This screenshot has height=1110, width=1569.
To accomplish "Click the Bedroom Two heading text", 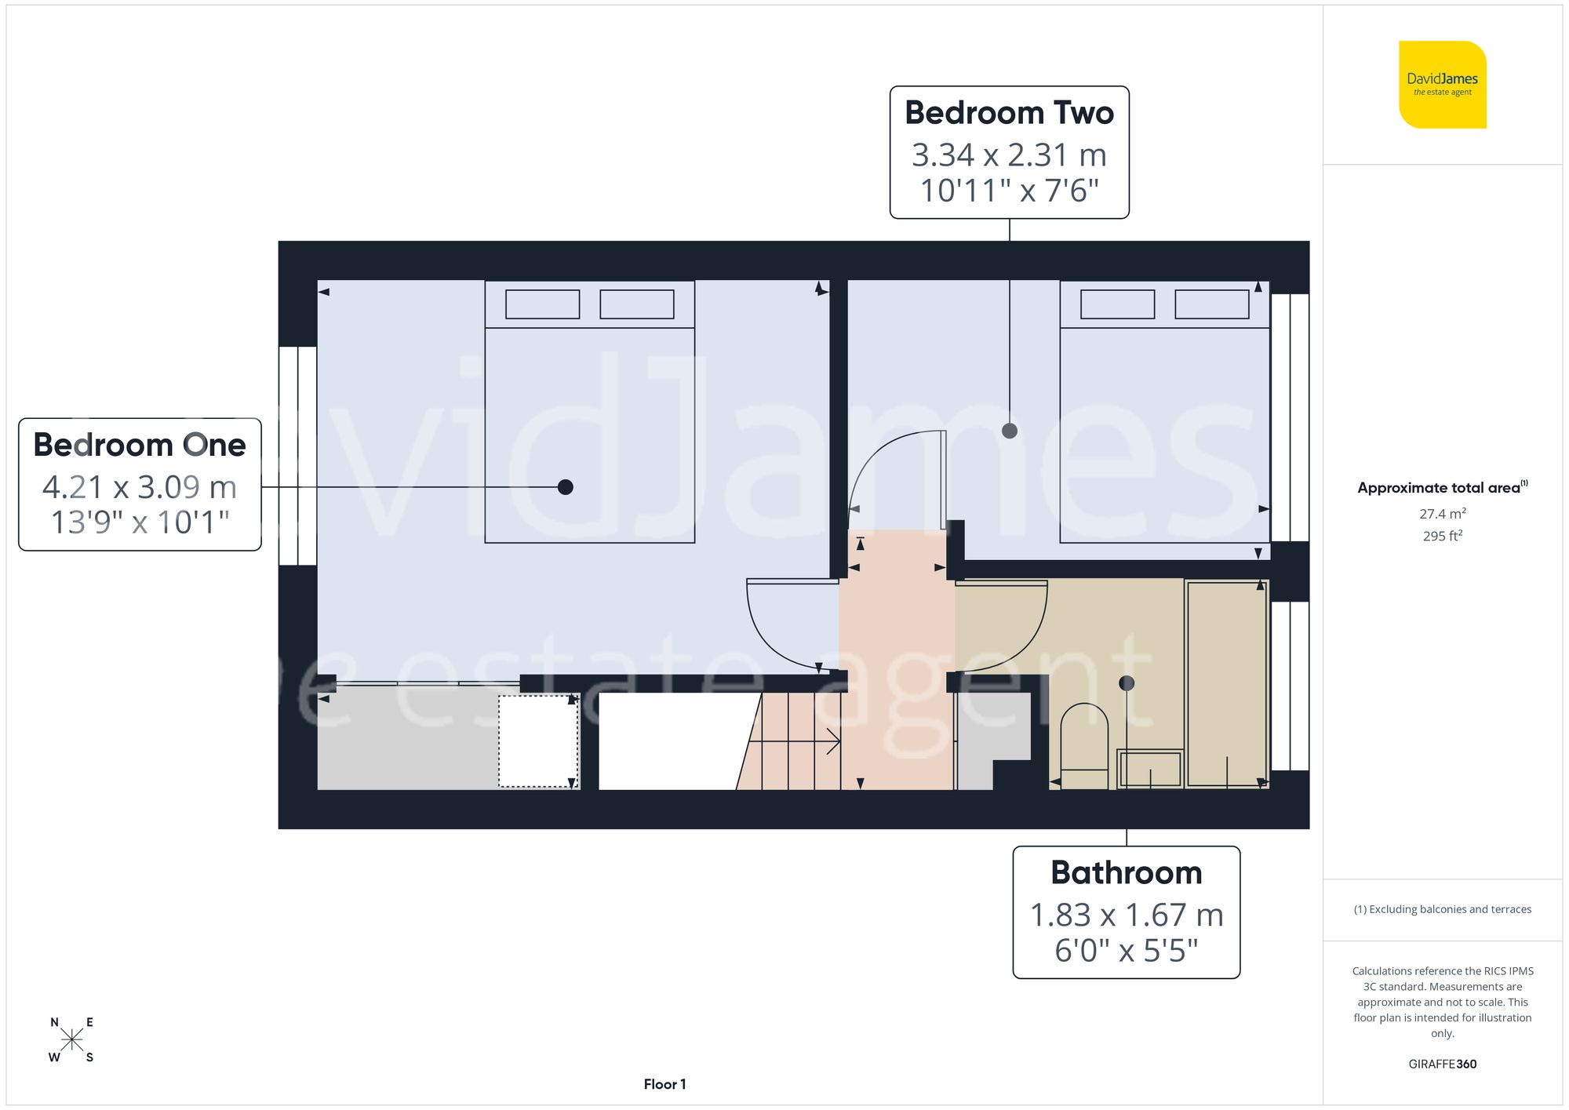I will tap(1009, 113).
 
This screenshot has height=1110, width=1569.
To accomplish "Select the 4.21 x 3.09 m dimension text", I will tap(140, 487).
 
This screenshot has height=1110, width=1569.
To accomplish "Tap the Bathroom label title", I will tap(1126, 872).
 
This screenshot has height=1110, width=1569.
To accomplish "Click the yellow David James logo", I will tap(1442, 85).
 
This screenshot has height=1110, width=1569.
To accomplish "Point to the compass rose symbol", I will tap(71, 1040).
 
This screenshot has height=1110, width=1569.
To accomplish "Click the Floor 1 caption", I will tap(664, 1084).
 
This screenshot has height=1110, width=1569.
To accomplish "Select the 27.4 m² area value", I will tap(1442, 514).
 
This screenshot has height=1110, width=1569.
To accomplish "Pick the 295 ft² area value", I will tap(1442, 536).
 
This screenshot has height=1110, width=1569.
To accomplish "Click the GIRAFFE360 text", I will tap(1442, 1064).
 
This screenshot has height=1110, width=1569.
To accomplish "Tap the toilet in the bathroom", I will tap(1083, 745).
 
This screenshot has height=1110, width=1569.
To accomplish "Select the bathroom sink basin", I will tap(1150, 769).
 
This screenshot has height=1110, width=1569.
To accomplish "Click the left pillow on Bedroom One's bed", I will tap(542, 304).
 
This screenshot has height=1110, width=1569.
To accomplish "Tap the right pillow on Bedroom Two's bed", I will tap(1211, 304).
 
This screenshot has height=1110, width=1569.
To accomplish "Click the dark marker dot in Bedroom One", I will tap(565, 487).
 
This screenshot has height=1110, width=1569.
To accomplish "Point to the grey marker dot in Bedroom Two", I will tap(1010, 431).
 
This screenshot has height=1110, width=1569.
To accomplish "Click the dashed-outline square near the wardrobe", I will tap(538, 741).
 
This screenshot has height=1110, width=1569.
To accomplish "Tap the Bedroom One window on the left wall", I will tap(297, 456).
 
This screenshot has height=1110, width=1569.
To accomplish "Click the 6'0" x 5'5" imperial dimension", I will tap(1126, 950).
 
